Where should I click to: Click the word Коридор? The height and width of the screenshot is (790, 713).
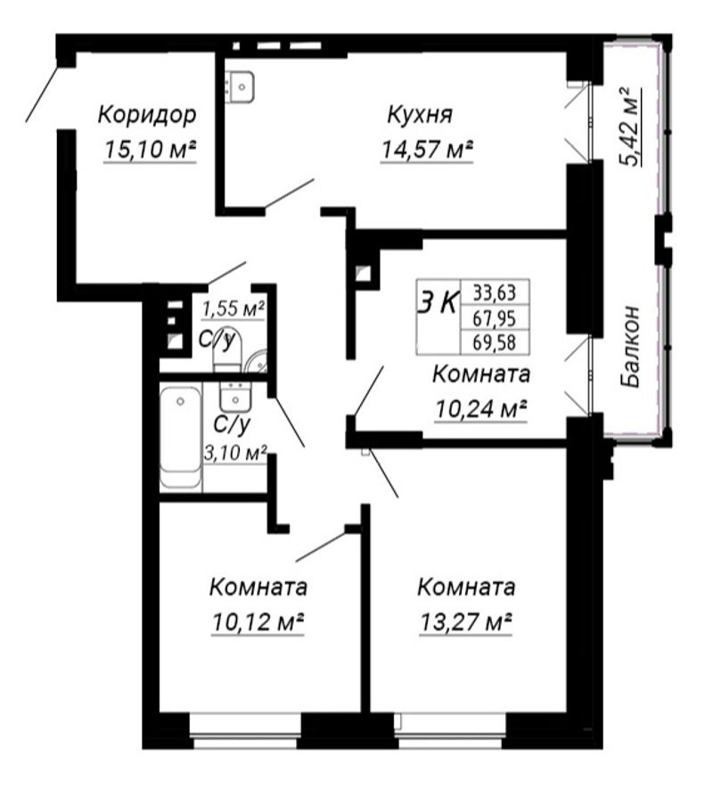[x=146, y=116]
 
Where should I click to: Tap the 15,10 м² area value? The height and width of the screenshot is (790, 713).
[x=150, y=149]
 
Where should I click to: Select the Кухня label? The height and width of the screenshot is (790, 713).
[x=420, y=116]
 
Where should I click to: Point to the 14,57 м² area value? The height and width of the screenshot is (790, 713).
[x=427, y=149]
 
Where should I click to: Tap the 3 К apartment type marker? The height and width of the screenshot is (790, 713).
[x=438, y=303]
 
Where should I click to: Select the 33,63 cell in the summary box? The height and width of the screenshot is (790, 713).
[x=495, y=292]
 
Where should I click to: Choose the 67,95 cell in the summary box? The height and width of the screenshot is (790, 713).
[x=495, y=318]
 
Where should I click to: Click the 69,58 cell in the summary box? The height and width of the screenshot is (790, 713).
[x=495, y=342]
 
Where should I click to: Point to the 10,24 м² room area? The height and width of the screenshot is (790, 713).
[x=481, y=409]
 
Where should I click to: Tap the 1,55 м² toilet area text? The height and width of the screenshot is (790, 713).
[x=234, y=309]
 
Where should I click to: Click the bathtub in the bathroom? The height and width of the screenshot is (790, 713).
[x=180, y=436]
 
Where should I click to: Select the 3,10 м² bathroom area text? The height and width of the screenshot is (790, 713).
[x=235, y=453]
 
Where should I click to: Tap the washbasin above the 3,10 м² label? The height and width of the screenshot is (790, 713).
[x=235, y=396]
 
